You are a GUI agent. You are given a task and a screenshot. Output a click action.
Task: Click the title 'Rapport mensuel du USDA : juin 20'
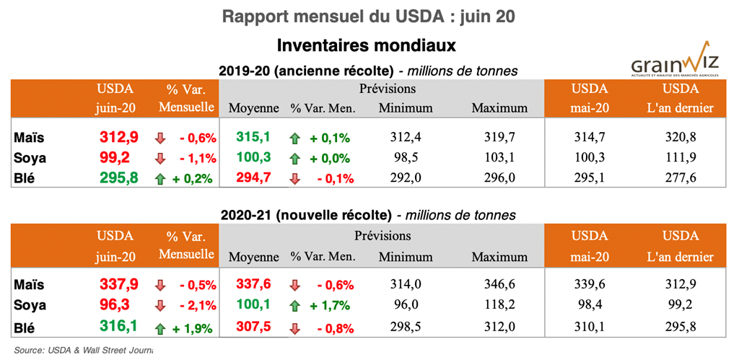[x=369, y=17]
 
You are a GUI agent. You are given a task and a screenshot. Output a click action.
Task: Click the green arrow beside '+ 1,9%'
[x=160, y=330]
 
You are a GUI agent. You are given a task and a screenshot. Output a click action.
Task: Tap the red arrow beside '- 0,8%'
[x=294, y=330]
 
